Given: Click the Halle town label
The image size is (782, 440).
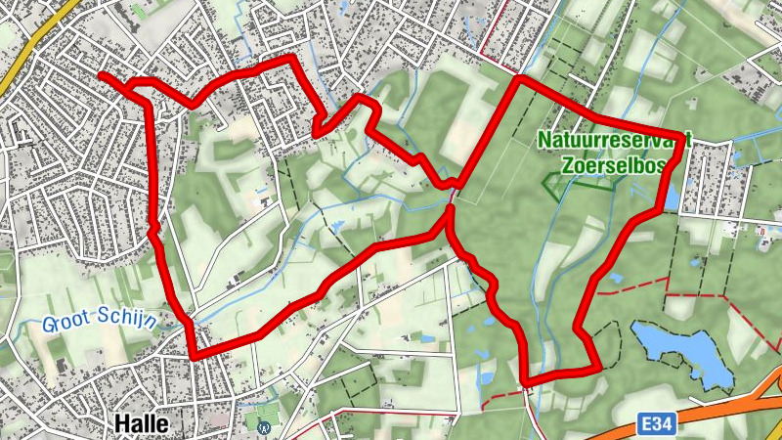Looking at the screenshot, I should (142, 423).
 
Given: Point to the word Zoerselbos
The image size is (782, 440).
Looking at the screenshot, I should (614, 165).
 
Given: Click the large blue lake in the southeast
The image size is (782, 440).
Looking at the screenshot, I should (684, 354).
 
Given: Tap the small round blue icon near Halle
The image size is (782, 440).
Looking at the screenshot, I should (263, 426).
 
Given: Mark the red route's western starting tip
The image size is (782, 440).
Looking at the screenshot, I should (102, 75).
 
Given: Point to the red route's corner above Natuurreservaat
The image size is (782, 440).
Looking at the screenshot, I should (519, 78).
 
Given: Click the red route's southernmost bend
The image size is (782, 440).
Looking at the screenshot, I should (527, 379).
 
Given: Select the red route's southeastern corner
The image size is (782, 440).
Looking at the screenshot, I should (597, 367).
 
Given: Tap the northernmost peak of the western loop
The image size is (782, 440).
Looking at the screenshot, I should (290, 58).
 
